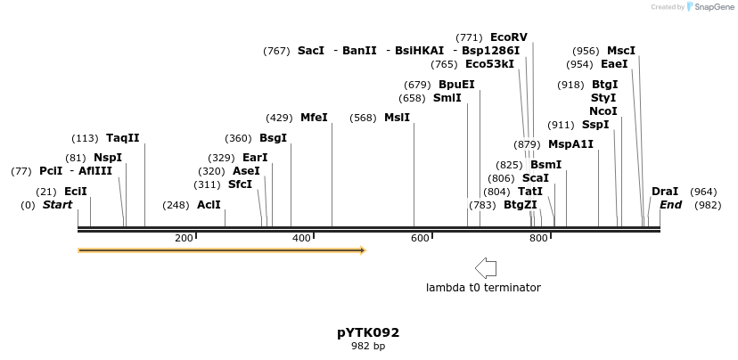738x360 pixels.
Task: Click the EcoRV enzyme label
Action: click(509, 37)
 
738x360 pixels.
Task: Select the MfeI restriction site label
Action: click(314, 118)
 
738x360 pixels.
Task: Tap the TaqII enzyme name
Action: click(123, 138)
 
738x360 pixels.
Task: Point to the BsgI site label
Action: click(274, 138)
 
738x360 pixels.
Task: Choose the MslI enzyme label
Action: click(398, 118)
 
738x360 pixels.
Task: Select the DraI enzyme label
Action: click(665, 192)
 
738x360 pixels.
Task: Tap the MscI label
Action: click(621, 51)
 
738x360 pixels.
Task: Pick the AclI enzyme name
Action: click(209, 205)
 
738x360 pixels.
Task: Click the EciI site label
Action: click(76, 192)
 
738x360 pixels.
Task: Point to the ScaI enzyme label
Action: click(536, 178)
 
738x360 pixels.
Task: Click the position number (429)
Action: click(280, 118)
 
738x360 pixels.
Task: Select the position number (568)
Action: click(364, 118)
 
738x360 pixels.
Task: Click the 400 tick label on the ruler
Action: click(302, 238)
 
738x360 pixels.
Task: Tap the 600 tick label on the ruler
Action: click(420, 238)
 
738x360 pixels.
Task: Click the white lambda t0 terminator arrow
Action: click(486, 268)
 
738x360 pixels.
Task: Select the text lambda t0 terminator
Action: click(483, 288)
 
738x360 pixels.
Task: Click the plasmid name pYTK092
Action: click(368, 332)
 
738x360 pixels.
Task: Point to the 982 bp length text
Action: click(368, 346)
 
